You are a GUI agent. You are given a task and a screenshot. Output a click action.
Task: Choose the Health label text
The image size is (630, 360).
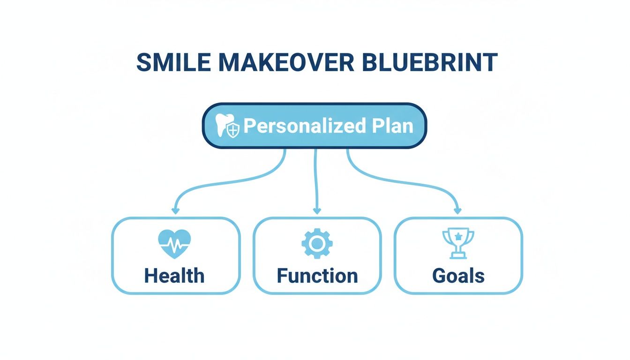click(x=175, y=275)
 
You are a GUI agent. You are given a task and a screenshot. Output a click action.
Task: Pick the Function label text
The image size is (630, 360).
click(x=317, y=275)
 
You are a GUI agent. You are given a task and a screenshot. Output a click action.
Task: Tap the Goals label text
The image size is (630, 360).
click(x=458, y=275)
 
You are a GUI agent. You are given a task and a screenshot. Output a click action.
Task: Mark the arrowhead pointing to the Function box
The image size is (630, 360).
click(x=317, y=211)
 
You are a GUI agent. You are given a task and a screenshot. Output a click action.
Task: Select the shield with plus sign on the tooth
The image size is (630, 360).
click(x=233, y=130)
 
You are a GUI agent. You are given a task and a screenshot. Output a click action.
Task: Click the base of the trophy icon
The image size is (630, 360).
click(x=458, y=255)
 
